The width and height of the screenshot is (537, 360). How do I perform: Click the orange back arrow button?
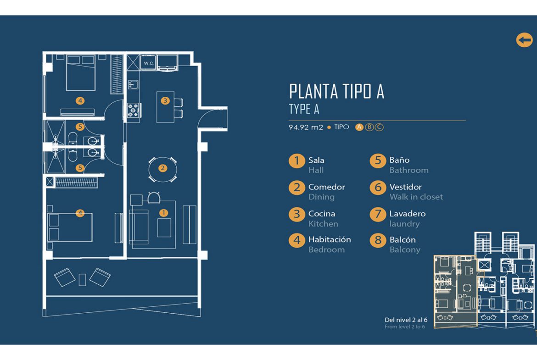(524, 40)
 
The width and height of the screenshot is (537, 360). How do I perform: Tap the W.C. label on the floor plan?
(148, 63)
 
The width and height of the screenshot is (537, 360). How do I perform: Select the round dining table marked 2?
(162, 169)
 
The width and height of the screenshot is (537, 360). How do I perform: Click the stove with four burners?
(133, 110)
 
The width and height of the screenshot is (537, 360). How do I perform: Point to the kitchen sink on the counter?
(133, 84)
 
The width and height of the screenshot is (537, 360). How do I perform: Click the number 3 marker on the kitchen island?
(165, 100)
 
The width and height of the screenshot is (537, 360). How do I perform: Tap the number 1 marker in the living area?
(164, 213)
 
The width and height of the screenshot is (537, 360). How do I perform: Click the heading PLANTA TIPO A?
(336, 91)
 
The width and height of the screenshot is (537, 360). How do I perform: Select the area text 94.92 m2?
(306, 127)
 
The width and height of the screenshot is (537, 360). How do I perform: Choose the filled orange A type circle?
(359, 127)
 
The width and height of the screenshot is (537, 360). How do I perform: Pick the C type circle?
(379, 127)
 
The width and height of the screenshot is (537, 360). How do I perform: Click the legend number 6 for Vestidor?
(378, 188)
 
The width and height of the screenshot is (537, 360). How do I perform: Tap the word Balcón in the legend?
(403, 240)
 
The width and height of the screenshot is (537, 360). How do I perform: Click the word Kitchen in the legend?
(323, 224)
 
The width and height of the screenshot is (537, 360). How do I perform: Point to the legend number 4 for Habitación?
(296, 240)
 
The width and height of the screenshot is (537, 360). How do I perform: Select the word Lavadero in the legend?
(408, 214)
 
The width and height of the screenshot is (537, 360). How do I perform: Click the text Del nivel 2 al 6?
(406, 320)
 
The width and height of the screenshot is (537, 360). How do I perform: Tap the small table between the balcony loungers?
(82, 280)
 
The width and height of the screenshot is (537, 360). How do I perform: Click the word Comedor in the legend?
(327, 187)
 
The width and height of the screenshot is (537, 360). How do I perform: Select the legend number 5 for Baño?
(378, 161)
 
